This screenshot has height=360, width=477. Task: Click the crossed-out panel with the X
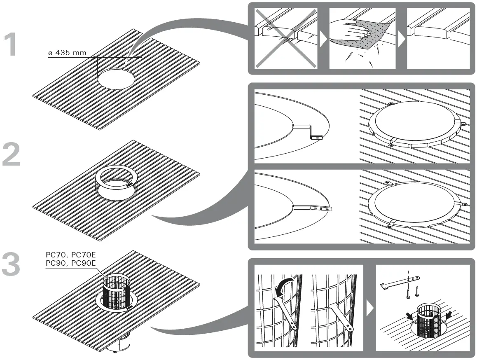click(286, 38)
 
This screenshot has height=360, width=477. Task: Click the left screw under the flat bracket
click(408, 292)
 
